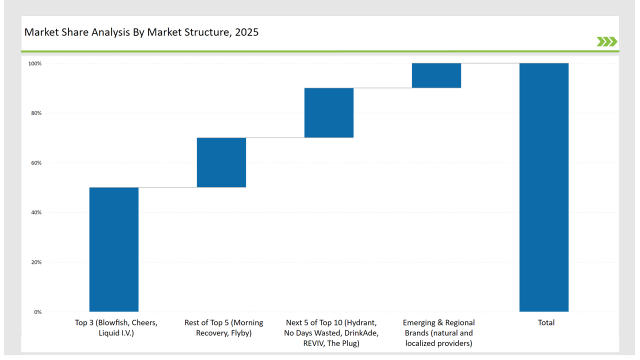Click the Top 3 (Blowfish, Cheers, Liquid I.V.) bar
point(114,249)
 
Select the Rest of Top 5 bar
point(221,162)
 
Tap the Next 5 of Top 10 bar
point(329,112)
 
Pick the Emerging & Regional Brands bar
point(436,75)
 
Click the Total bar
point(544,187)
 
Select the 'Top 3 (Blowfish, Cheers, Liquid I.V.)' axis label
point(114,329)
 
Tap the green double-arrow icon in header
point(606,41)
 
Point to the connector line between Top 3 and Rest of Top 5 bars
point(168,187)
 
